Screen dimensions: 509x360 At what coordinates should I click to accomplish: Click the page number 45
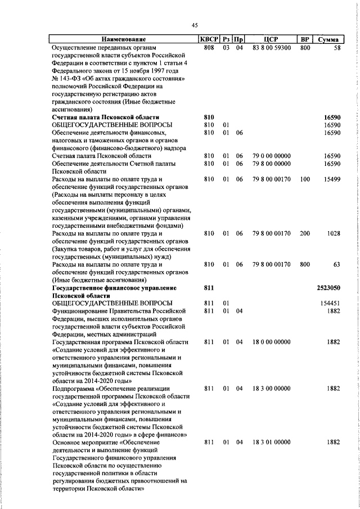(195, 25)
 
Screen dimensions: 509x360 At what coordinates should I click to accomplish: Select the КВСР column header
(209, 39)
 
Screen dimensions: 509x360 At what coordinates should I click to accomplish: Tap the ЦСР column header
(271, 39)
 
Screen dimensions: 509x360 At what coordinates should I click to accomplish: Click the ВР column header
(305, 39)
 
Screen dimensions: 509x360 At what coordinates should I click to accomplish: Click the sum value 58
(337, 48)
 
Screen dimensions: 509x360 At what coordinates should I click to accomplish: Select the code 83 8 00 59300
(271, 48)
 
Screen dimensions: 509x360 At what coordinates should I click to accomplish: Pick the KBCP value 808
(209, 48)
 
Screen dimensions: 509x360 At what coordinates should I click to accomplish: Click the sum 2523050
(329, 287)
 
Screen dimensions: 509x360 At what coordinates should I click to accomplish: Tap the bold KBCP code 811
(209, 287)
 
